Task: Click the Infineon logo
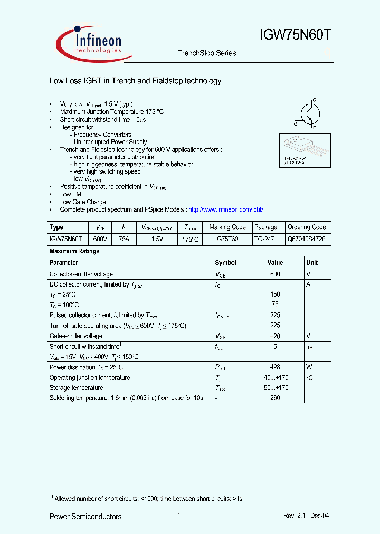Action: [x=90, y=42]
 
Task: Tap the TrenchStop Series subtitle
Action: [x=207, y=53]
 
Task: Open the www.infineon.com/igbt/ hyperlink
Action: [x=225, y=209]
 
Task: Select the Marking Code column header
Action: [x=227, y=227]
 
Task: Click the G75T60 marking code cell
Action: [x=227, y=239]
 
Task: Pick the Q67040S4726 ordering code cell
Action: [x=306, y=239]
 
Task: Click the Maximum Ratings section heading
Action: [x=74, y=251]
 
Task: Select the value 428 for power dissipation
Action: [x=275, y=367]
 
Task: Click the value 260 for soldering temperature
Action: [x=275, y=398]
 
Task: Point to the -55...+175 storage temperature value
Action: [x=275, y=388]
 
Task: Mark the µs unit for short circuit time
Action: [x=310, y=347]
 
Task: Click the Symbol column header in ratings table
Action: [x=225, y=263]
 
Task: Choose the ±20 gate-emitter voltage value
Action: [x=275, y=336]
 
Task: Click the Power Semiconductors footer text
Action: [x=85, y=517]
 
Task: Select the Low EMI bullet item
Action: [x=71, y=194]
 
